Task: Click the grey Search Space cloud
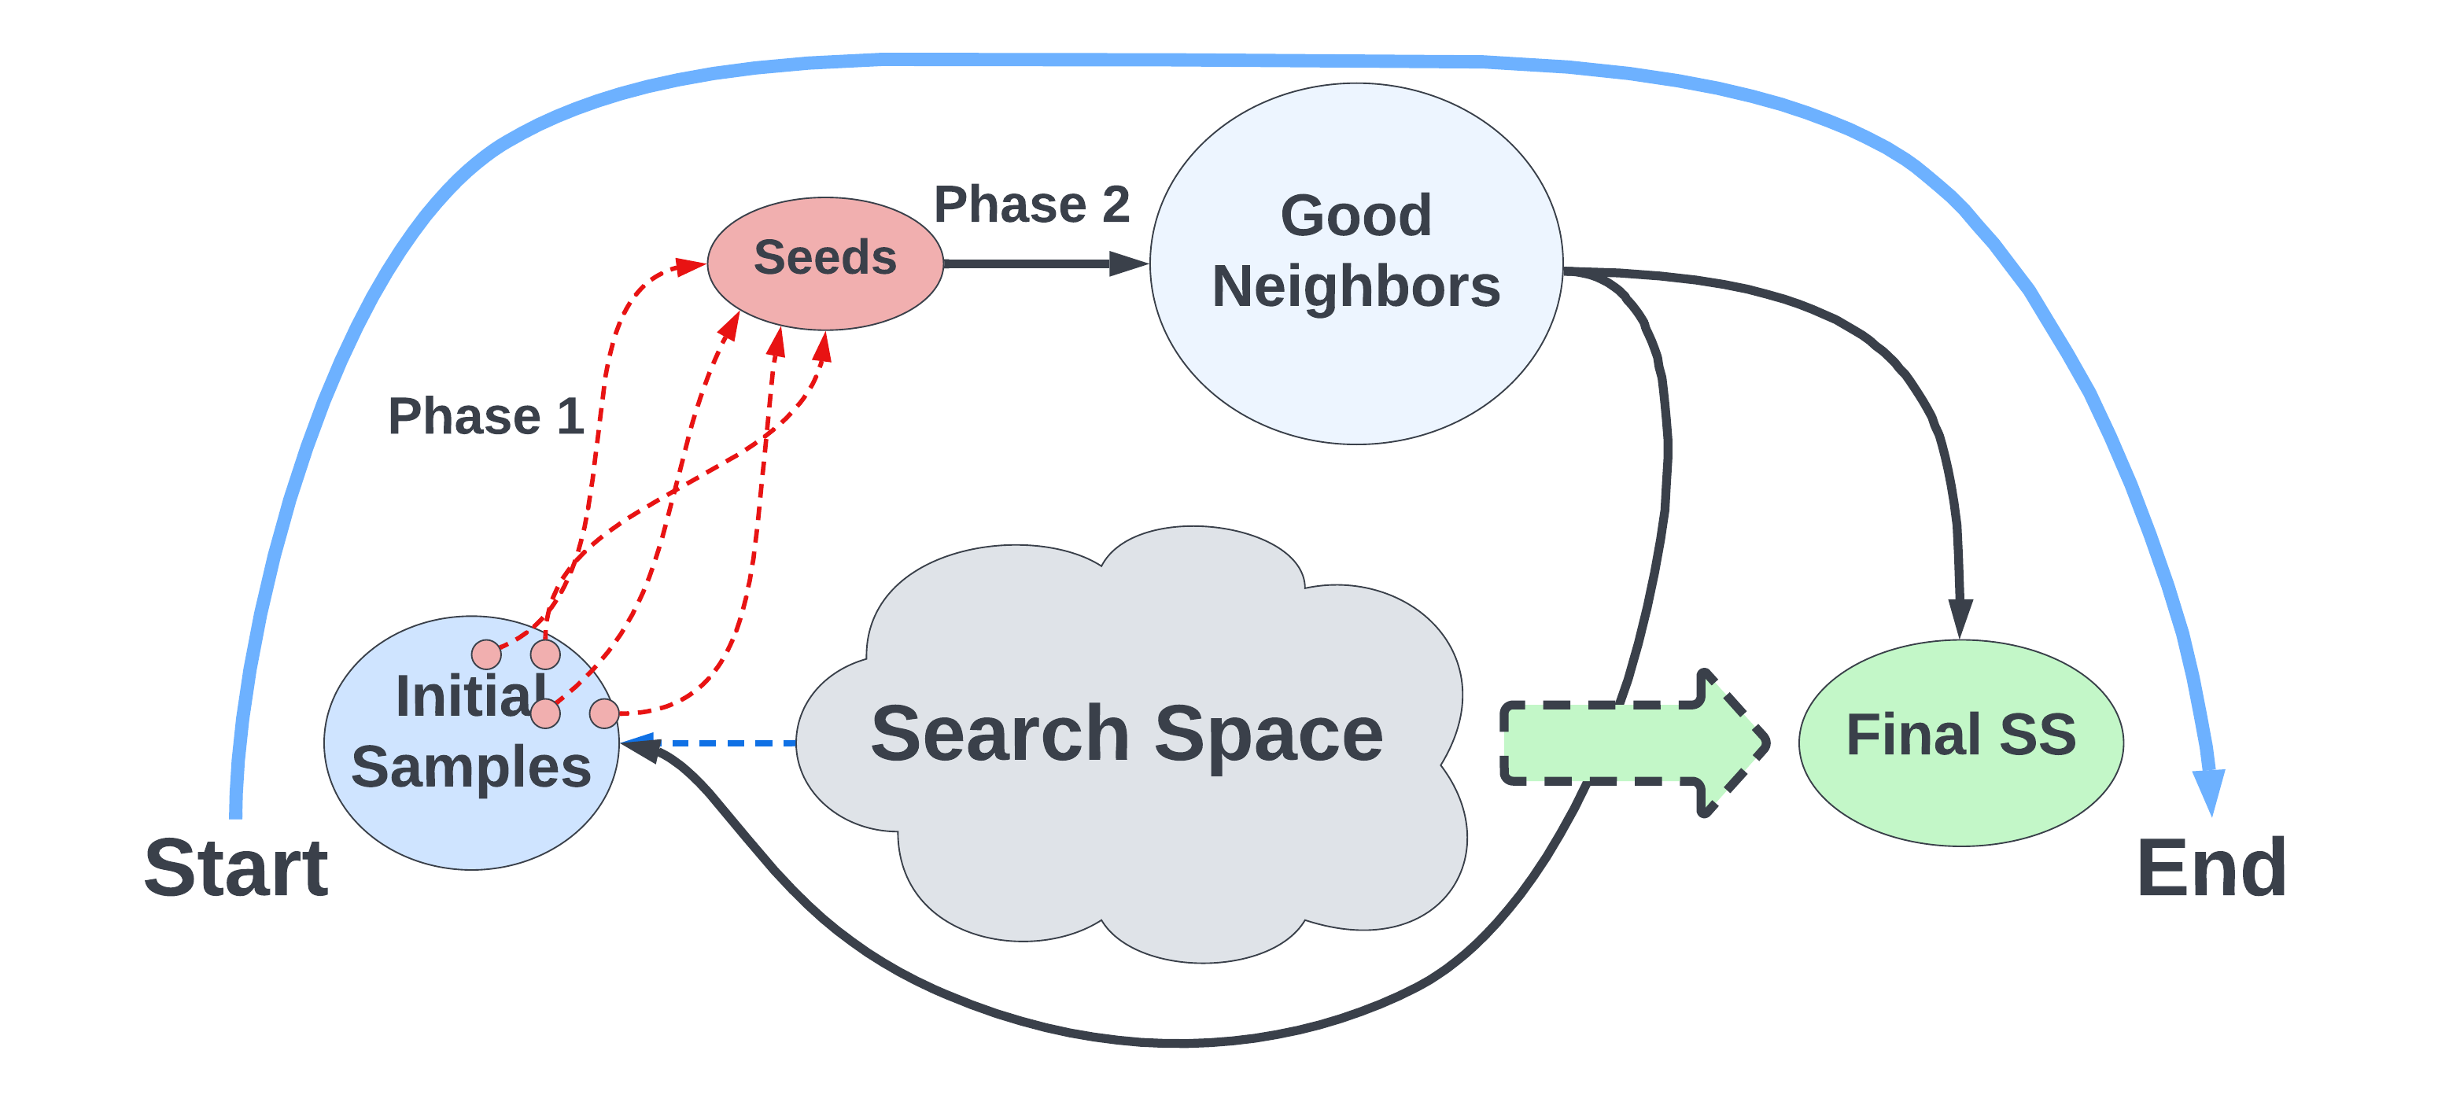[1131, 837]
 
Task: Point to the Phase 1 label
[485, 416]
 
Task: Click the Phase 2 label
[1031, 205]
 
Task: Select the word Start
[236, 868]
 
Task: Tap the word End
[2211, 868]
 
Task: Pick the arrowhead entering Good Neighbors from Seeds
[1130, 264]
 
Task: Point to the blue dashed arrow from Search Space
[722, 743]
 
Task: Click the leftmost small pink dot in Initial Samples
[487, 654]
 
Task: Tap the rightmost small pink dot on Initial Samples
[603, 713]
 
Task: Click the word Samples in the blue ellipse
[470, 768]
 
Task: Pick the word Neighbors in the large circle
[1355, 287]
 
